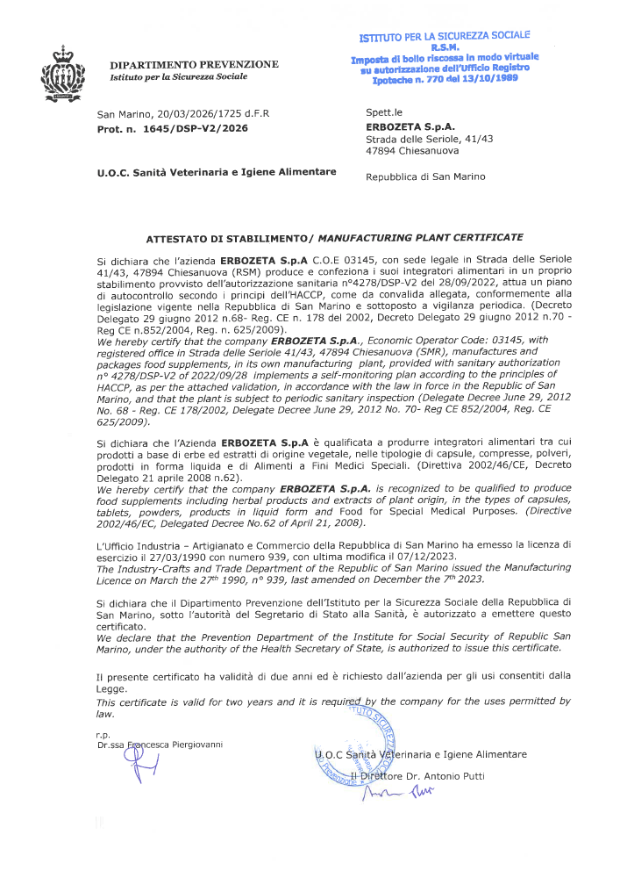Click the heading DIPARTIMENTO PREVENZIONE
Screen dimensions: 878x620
pos(194,64)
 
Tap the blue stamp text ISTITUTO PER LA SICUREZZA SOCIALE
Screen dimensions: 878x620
pos(445,36)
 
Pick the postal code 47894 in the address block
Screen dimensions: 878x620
pos(381,150)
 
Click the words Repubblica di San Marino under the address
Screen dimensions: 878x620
pos(425,176)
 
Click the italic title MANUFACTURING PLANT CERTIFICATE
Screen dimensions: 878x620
pos(420,237)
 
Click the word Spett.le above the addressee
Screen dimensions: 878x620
pos(384,113)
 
